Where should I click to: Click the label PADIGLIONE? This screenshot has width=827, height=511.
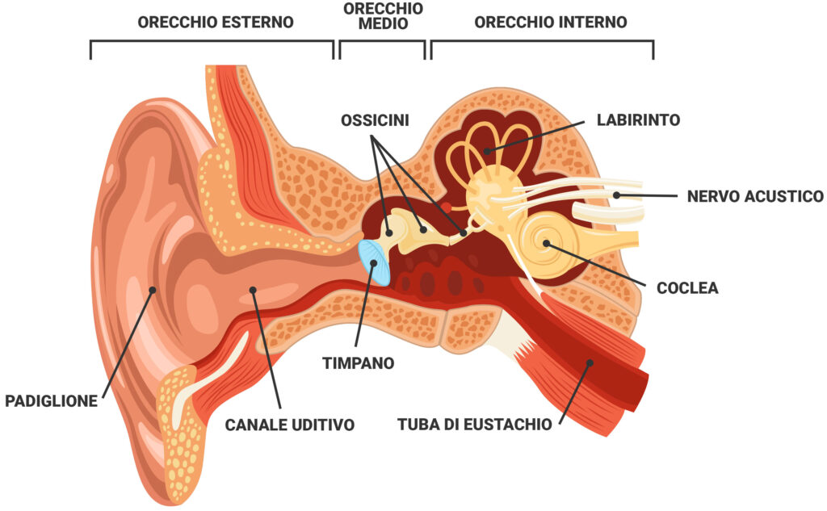click(52, 400)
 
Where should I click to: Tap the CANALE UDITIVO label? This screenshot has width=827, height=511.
click(289, 424)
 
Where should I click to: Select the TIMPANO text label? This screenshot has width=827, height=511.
click(359, 363)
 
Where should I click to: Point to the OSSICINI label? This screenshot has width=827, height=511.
click(375, 120)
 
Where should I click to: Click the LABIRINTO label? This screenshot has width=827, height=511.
click(638, 120)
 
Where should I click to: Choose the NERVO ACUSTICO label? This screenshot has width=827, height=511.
click(755, 196)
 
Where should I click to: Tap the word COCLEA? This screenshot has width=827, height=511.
click(687, 287)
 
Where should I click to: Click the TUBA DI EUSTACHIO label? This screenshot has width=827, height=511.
click(475, 424)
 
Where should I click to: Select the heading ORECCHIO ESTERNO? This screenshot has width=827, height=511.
click(215, 22)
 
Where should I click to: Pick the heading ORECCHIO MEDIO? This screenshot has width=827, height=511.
click(382, 15)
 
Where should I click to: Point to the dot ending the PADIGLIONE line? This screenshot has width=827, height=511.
click(153, 289)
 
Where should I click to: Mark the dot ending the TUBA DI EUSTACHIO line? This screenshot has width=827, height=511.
click(590, 363)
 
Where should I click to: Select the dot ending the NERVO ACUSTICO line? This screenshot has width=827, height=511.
click(615, 195)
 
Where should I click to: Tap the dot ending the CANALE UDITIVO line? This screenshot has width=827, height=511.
click(253, 289)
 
